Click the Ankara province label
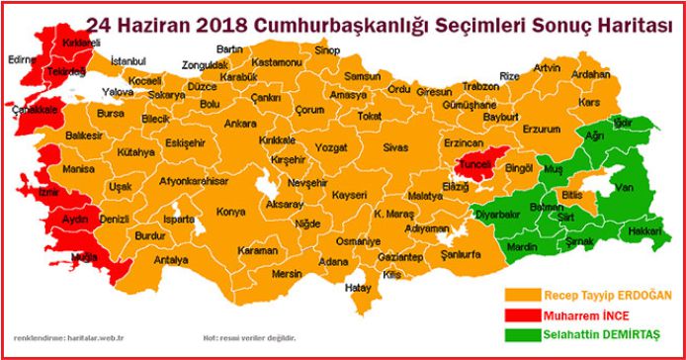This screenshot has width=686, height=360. click(x=240, y=125)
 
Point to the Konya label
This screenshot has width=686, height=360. click(x=231, y=212)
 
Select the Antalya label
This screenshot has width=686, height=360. click(x=170, y=260)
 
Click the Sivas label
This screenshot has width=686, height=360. click(x=395, y=147)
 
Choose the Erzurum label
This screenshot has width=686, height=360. click(x=541, y=130)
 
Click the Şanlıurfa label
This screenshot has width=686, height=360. click(x=460, y=253)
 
